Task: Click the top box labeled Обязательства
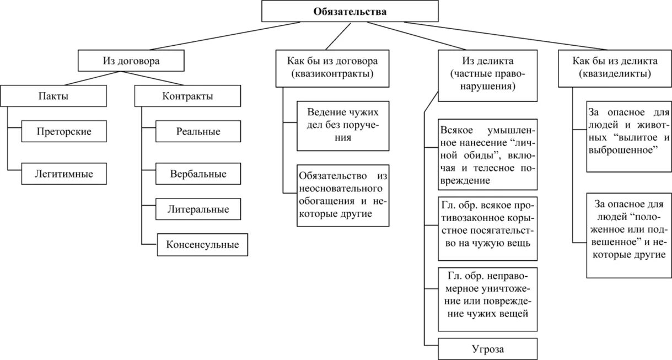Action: [350, 12]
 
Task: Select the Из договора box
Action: [131, 61]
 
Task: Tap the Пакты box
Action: [53, 96]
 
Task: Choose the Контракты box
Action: [187, 96]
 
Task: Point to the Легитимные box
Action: [64, 174]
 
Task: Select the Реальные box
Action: [198, 131]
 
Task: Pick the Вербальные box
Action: [198, 174]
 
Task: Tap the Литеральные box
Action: [198, 209]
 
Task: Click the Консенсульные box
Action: [202, 244]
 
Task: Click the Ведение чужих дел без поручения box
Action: [343, 126]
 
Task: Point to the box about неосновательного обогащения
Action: [343, 195]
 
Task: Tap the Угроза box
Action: [488, 348]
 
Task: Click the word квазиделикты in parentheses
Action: [615, 73]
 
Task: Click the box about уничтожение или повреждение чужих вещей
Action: [488, 299]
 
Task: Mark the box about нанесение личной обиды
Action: [488, 156]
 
